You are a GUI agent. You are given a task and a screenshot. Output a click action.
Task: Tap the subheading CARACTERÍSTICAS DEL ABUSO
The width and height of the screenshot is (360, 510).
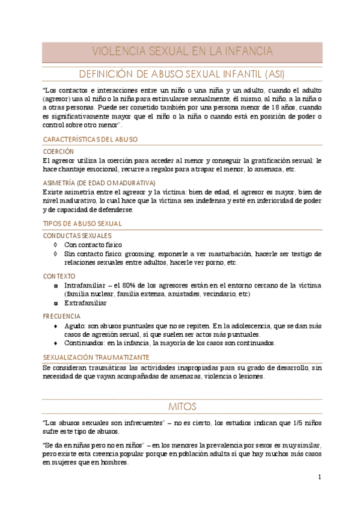90,139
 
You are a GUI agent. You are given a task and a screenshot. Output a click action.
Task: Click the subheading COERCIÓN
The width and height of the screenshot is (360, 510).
58,152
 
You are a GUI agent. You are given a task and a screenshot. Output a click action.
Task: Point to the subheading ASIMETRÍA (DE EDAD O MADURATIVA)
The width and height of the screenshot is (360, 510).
99,183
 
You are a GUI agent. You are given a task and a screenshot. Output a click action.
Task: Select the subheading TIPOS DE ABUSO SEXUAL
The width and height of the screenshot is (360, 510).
82,224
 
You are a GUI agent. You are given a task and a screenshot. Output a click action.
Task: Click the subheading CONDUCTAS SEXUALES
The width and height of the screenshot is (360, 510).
78,236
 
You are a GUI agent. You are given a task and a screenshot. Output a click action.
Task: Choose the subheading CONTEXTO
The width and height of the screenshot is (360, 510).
59,276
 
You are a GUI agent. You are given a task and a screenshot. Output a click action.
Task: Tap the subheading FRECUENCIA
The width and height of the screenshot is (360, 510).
62,316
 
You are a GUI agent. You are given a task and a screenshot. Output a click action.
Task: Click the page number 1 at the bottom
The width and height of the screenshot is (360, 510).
320,477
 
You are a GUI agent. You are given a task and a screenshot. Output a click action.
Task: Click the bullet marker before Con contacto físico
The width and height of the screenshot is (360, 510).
56,245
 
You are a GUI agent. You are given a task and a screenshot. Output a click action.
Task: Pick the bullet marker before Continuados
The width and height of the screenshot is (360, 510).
56,343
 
